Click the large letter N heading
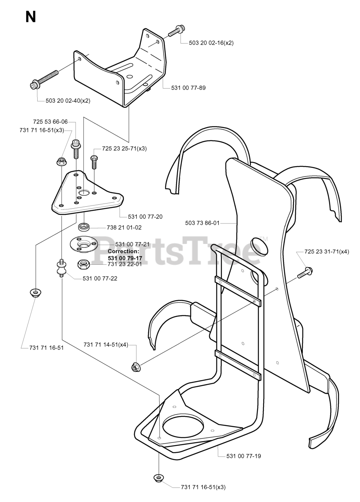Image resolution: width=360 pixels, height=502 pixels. (x=30, y=17)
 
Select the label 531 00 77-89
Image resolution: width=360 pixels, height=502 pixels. (x=188, y=88)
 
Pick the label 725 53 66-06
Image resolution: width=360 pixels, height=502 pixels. (x=51, y=122)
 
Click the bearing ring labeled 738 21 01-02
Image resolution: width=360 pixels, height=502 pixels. (x=84, y=227)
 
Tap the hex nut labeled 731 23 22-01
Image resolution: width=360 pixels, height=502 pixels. (x=84, y=264)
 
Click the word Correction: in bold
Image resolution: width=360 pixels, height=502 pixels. (x=123, y=251)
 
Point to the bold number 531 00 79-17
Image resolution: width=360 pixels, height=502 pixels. (x=125, y=258)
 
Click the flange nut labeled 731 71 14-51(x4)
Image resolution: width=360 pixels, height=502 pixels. (x=136, y=367)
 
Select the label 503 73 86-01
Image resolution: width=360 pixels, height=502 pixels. (x=202, y=223)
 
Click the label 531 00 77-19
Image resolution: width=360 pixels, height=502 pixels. (x=244, y=456)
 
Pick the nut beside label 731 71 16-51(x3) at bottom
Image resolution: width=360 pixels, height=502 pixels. (x=158, y=478)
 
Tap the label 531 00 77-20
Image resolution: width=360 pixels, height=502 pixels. (x=145, y=216)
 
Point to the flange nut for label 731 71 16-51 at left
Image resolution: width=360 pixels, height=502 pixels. (x=36, y=292)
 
